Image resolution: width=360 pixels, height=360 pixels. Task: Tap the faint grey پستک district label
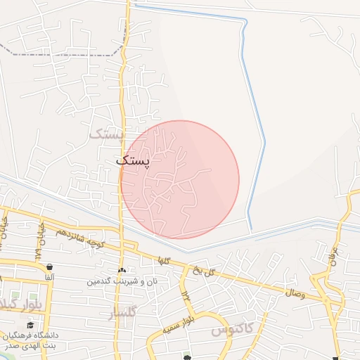(x=107, y=134)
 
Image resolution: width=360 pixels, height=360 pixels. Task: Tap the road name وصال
(x=295, y=290)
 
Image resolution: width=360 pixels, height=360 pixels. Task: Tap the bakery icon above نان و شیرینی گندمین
(x=122, y=271)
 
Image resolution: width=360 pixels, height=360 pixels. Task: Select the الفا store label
(x=50, y=278)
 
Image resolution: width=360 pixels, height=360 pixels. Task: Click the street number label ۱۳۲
(x=186, y=295)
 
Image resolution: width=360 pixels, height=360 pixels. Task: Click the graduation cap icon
(x=30, y=325)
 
